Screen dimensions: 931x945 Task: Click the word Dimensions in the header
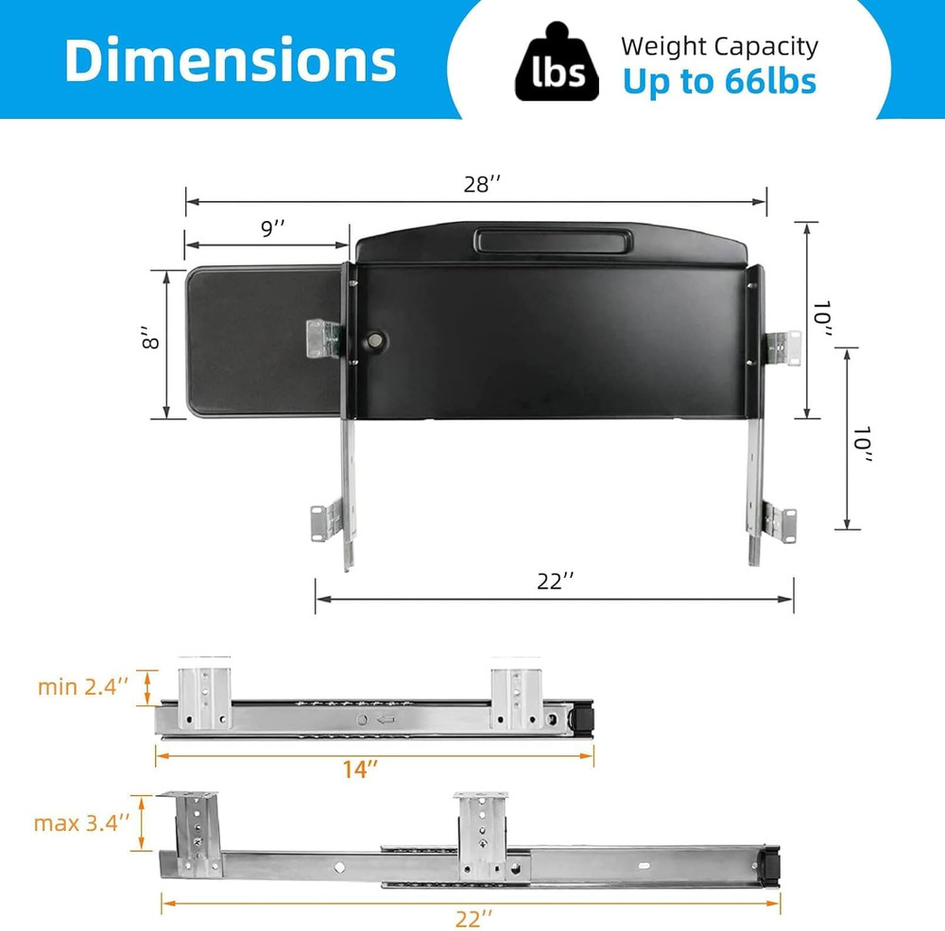(230, 59)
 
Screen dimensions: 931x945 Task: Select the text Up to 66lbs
(718, 81)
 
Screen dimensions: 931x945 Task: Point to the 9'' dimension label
(272, 228)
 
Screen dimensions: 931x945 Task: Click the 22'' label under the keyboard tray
(556, 582)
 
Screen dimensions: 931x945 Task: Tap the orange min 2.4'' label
(83, 686)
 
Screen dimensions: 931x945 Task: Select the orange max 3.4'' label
(81, 822)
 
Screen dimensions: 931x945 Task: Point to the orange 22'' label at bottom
(473, 918)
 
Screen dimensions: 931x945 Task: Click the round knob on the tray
(376, 338)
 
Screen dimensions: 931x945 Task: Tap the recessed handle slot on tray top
(549, 240)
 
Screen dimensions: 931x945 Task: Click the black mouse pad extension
(260, 341)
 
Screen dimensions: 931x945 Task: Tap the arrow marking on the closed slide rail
(386, 719)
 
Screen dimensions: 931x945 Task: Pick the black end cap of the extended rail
(772, 863)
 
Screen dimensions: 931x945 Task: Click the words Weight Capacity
(719, 46)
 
